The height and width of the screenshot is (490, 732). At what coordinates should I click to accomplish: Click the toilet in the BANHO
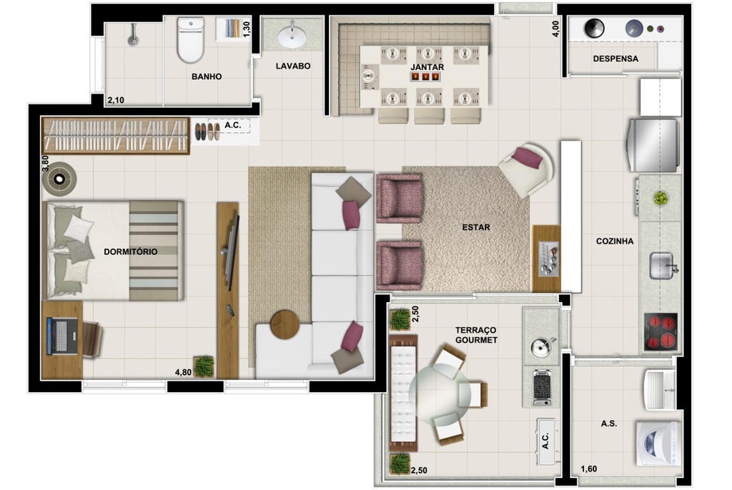(191, 41)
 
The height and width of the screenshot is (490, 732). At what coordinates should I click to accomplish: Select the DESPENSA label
(615, 59)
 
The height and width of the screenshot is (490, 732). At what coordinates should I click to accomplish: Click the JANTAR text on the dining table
(427, 67)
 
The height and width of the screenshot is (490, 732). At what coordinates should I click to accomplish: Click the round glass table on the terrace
(440, 395)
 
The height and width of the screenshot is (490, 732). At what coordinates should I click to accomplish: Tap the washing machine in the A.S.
(658, 442)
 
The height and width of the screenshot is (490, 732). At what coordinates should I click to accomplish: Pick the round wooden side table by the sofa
(285, 325)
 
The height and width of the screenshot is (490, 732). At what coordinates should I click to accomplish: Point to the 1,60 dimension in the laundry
(588, 469)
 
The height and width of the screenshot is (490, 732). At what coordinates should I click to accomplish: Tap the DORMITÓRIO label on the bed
(130, 252)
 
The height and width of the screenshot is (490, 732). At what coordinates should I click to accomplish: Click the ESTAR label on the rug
(475, 228)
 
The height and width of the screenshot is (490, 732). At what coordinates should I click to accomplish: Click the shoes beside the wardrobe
(207, 131)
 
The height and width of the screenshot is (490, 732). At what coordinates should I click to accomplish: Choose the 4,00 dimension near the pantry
(555, 29)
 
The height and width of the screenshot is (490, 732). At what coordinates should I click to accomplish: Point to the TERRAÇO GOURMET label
(476, 335)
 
